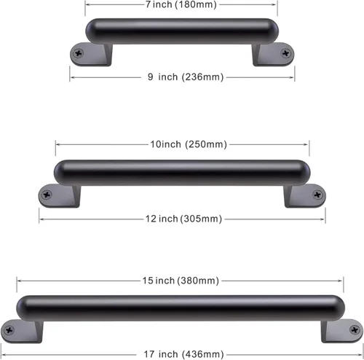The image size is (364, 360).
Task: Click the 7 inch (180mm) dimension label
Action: pyautogui.click(x=181, y=4)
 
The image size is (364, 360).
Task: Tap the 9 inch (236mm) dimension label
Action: pyautogui.click(x=186, y=77)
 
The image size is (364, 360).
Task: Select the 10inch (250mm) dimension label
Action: pyautogui.click(x=189, y=144)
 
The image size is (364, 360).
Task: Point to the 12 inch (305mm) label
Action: pyautogui.click(x=183, y=219)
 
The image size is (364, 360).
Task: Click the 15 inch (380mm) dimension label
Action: pyautogui.click(x=181, y=281)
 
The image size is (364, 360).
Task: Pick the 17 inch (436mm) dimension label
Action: pyautogui.click(x=183, y=354)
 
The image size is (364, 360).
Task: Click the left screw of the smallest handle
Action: pyautogui.click(x=79, y=53)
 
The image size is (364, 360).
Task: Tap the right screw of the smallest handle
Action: pyautogui.click(x=286, y=53)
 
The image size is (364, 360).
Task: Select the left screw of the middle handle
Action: pyautogui.click(x=47, y=195)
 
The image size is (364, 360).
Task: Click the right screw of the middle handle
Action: pyautogui.click(x=317, y=195)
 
